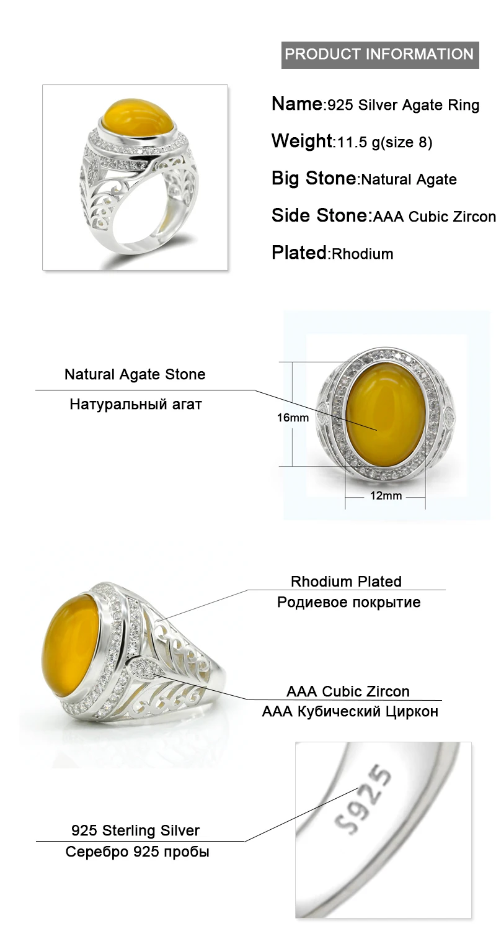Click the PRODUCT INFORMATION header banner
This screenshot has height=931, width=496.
[379, 54]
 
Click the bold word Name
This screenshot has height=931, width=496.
[297, 104]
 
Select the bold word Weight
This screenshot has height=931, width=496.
[302, 141]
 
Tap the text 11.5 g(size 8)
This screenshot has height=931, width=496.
[384, 143]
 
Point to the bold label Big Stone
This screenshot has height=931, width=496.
[313, 179]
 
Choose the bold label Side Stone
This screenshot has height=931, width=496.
[319, 215]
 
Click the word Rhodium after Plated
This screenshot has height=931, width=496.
[363, 254]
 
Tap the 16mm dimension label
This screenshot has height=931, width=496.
[293, 418]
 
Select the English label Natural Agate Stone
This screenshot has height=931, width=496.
[135, 374]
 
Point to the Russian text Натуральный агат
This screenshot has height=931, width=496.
[135, 405]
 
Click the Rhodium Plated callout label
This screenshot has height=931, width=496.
[346, 582]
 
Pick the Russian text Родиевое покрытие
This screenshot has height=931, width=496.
[348, 602]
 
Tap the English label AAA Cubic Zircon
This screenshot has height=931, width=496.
[348, 691]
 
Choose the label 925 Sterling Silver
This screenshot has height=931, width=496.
[135, 830]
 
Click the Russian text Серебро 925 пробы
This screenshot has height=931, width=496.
[137, 852]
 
